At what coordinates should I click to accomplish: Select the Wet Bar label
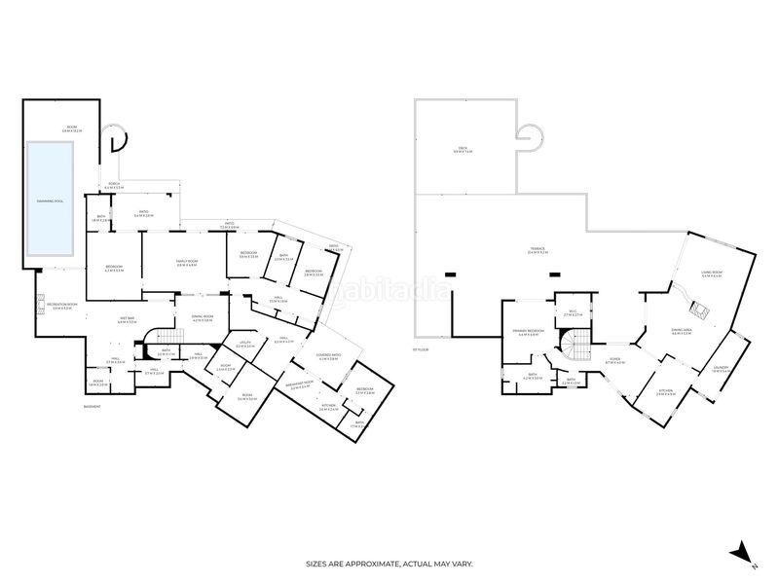(x=126, y=320)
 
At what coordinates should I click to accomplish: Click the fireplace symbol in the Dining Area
(x=698, y=311)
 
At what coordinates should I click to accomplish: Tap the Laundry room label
(x=721, y=369)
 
